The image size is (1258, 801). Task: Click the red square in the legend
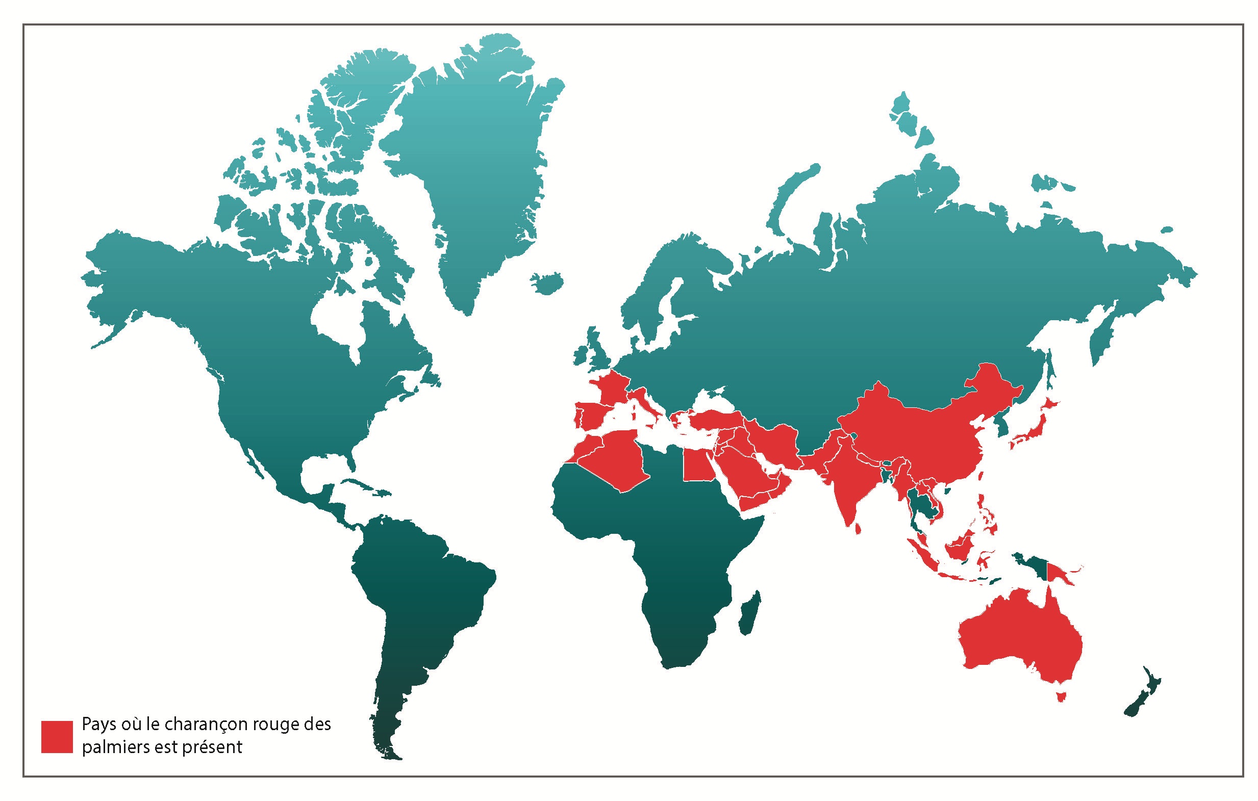[57, 737]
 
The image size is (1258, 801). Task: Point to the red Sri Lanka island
[859, 529]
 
